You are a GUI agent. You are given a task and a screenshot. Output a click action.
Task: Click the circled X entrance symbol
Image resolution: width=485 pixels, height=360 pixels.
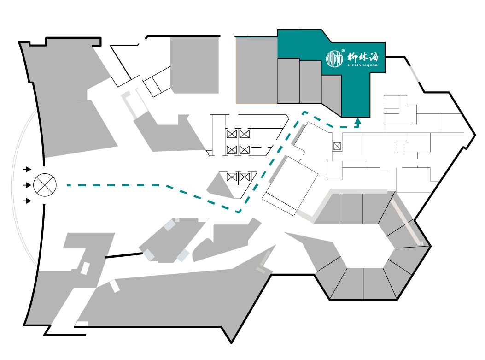(45, 185)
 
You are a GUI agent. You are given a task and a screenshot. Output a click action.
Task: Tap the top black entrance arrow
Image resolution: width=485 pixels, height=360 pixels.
(27, 169)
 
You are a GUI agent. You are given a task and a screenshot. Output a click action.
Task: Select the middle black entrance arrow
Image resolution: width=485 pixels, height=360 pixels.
(27, 185)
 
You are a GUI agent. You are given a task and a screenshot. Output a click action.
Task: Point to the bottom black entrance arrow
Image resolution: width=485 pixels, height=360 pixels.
(27, 201)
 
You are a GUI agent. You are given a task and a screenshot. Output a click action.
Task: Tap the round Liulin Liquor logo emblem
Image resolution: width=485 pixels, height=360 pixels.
(335, 59)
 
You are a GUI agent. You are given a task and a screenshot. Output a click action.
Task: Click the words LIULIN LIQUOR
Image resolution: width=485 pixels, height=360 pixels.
(362, 65)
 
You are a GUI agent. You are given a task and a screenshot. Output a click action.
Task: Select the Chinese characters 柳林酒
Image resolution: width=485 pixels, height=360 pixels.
(362, 57)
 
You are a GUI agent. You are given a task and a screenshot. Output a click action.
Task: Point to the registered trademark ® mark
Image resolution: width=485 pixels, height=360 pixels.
(343, 51)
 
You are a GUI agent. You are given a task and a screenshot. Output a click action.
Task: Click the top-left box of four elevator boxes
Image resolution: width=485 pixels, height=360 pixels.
(232, 134)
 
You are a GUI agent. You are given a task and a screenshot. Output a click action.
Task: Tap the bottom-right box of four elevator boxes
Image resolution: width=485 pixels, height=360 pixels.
(245, 150)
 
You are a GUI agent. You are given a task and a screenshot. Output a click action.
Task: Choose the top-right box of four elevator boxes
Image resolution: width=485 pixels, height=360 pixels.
(245, 134)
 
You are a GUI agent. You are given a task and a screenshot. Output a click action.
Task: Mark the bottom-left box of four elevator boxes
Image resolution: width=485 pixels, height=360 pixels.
(232, 150)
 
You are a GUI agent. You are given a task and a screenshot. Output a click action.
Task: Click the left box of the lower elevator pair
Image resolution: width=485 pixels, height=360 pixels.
(232, 177)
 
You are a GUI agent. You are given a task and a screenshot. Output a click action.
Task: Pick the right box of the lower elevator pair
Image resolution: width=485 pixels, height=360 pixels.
(245, 177)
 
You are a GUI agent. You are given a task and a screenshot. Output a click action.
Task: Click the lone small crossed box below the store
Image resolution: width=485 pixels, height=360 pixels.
(337, 147)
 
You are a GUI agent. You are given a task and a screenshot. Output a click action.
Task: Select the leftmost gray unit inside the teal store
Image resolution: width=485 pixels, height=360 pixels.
(288, 81)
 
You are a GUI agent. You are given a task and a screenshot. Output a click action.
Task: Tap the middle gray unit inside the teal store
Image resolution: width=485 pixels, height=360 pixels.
(310, 82)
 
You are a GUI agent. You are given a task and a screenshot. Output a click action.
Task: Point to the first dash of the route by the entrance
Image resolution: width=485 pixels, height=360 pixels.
(69, 185)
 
